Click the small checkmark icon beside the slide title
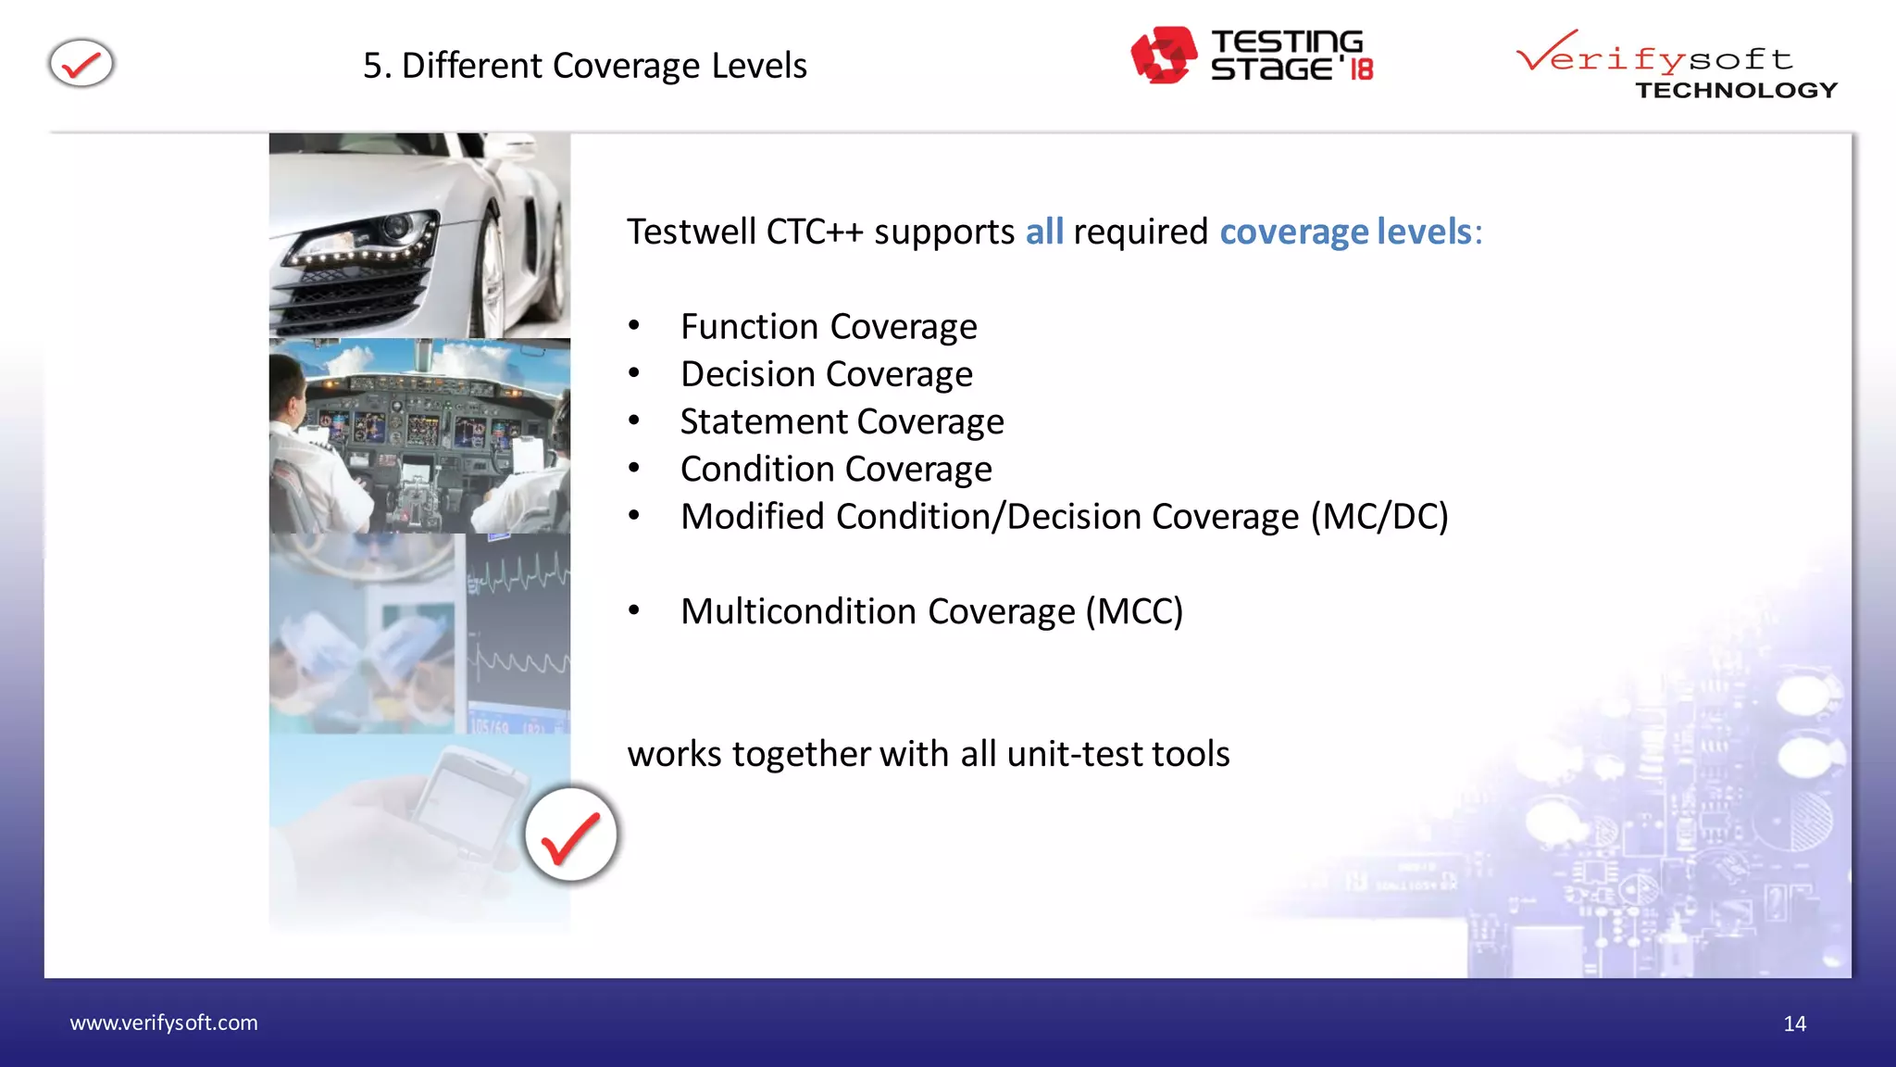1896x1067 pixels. (81, 64)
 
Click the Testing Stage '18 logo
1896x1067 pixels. (1252, 56)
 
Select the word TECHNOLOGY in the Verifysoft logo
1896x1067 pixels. (1736, 90)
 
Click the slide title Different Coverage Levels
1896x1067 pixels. (585, 66)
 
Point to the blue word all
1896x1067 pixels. (1043, 232)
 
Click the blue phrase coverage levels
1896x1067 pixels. (1345, 232)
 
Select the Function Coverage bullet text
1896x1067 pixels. (829, 327)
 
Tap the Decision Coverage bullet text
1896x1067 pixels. (827, 374)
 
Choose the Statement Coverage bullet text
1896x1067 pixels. (842, 422)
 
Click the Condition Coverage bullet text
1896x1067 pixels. (836, 470)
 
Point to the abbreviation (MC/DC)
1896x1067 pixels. (1379, 517)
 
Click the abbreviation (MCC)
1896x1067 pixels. (1134, 612)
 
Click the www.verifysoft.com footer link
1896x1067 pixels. (164, 1023)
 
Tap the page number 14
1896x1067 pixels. (1794, 1023)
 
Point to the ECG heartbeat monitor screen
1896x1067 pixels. (518, 630)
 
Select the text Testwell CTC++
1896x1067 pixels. (745, 232)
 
